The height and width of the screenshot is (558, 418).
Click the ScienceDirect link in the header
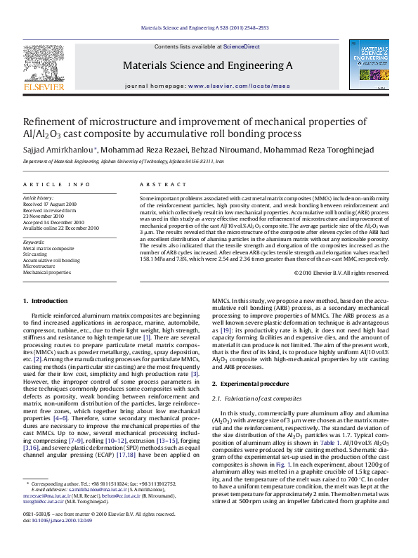[242, 46]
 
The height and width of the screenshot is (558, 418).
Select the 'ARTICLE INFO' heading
[57, 184]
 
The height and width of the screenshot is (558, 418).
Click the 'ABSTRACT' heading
[159, 184]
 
